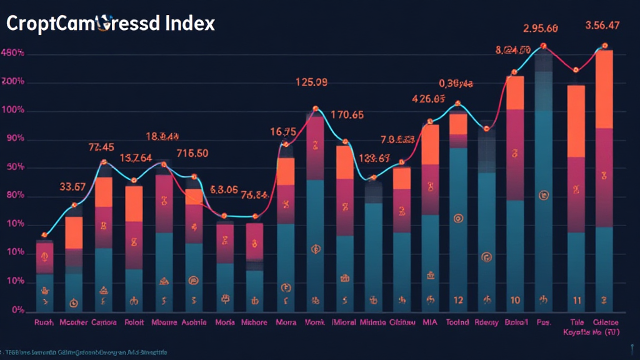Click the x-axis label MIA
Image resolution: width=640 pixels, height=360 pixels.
tap(430, 322)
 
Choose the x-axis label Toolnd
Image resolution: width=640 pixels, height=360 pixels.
tap(458, 322)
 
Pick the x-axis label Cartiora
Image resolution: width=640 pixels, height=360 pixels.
tap(104, 322)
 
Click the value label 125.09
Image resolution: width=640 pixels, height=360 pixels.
tap(311, 82)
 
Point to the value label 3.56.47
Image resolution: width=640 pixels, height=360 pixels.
tap(602, 26)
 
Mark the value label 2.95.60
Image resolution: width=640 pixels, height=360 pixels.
tap(540, 28)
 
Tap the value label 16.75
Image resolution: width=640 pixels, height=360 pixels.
tap(282, 132)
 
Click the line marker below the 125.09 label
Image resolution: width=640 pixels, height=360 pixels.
tap(316, 109)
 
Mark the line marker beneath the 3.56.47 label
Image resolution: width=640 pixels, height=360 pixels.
tap(604, 46)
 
